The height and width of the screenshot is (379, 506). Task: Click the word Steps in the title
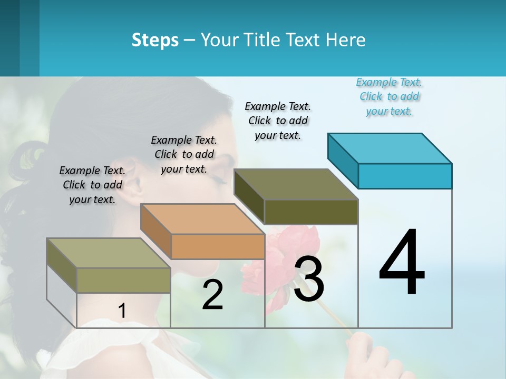(155, 40)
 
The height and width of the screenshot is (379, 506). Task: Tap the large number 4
(402, 263)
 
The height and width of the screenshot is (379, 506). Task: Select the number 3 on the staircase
(309, 279)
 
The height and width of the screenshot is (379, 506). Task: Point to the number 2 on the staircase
(212, 295)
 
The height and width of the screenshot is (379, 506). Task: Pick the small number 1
(122, 311)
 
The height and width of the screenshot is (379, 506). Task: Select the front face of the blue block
(405, 176)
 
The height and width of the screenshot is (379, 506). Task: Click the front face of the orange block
(218, 246)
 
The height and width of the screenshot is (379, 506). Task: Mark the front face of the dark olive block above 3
(311, 212)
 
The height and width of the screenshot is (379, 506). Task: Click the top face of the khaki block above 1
(109, 253)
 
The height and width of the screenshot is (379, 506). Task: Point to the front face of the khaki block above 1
(123, 280)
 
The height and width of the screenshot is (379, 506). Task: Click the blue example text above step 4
(390, 96)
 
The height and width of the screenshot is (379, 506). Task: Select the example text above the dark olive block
(278, 121)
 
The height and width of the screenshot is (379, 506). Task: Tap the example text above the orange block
(184, 154)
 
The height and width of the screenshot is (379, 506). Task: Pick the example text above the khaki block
(92, 185)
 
